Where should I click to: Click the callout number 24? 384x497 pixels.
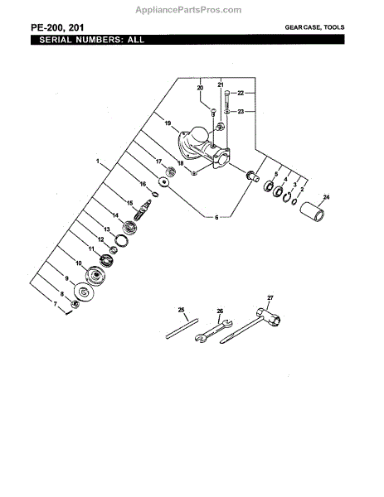pos(326,197)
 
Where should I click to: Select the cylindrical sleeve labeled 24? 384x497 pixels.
pos(313,211)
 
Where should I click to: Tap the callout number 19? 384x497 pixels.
pos(168,123)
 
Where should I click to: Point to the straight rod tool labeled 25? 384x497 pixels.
pos(182,329)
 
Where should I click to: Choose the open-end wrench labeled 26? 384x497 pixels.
pos(214,331)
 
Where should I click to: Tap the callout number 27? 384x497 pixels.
pos(270,297)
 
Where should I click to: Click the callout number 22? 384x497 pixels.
pos(241,93)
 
